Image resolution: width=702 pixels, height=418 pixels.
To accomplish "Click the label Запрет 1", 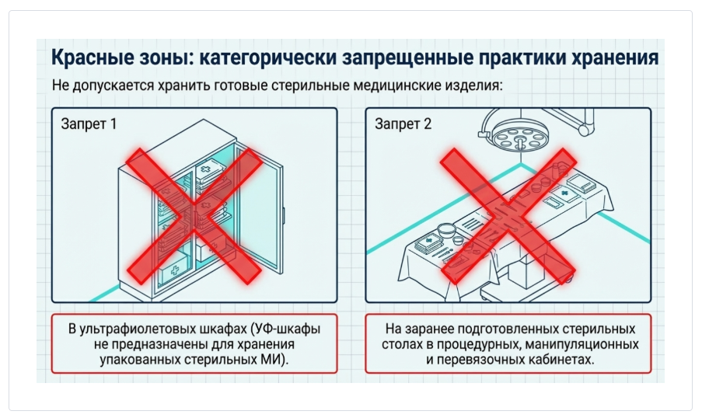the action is tap(89, 125).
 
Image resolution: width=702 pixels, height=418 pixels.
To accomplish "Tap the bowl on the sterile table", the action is tap(446, 231).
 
